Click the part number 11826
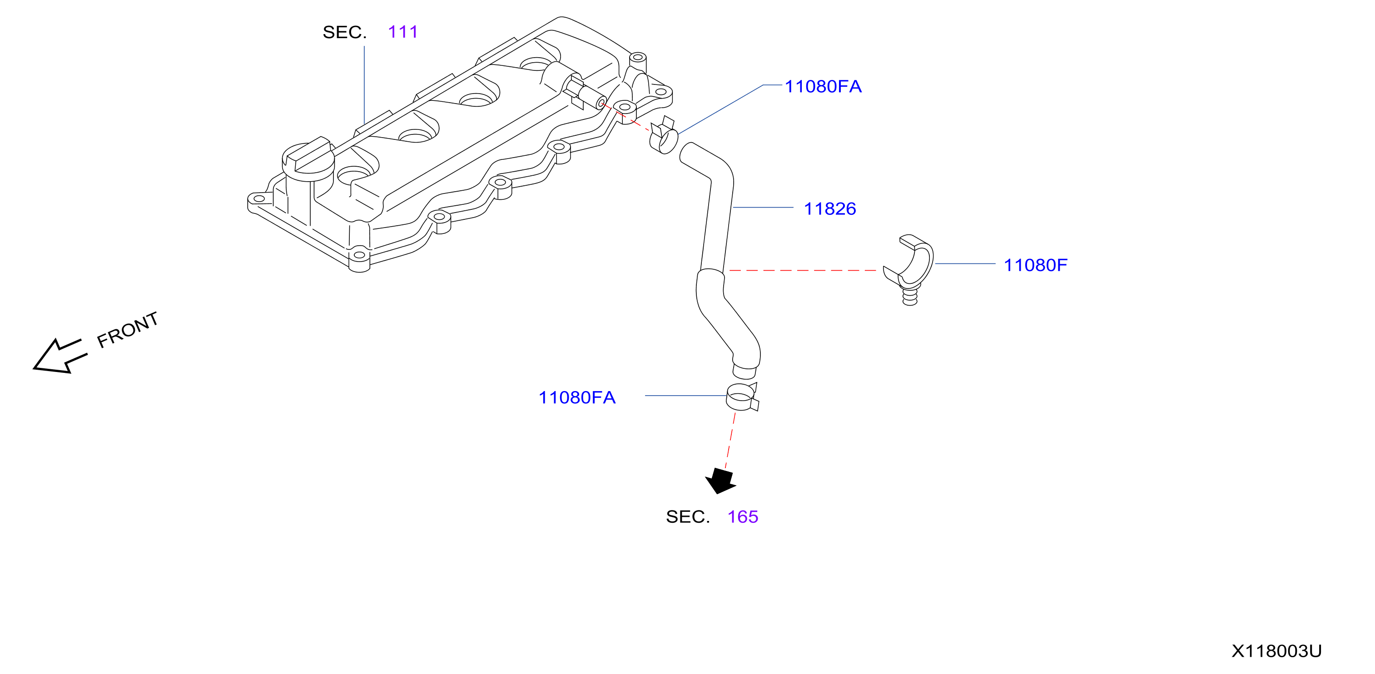click(829, 208)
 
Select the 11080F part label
click(1036, 265)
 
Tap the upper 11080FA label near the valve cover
click(823, 86)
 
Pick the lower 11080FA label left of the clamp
click(577, 397)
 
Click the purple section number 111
click(403, 32)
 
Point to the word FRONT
click(128, 330)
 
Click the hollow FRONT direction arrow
click(59, 356)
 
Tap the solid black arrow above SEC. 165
click(720, 481)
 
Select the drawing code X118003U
click(1276, 651)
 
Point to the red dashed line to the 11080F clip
click(802, 271)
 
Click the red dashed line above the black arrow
click(730, 441)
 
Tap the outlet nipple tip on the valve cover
click(601, 102)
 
